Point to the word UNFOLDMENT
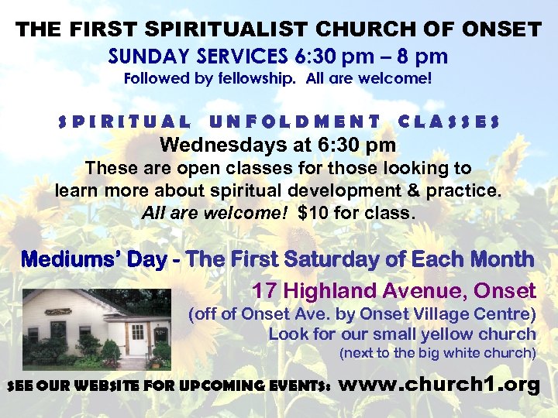click(x=294, y=122)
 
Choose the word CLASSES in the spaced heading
click(x=448, y=122)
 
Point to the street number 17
click(x=264, y=291)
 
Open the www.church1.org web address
click(x=439, y=385)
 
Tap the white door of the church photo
click(x=137, y=341)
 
